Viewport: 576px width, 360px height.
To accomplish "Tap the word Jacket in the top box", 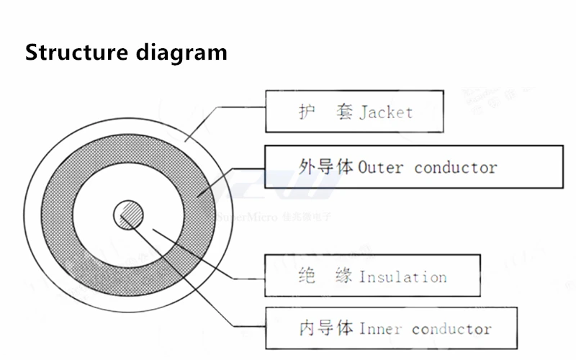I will (x=386, y=112).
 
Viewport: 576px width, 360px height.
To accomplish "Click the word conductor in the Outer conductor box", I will (x=455, y=168).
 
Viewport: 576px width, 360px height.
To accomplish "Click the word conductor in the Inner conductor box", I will (x=451, y=329).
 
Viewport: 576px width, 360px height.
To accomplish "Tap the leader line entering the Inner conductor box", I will (x=245, y=328).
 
